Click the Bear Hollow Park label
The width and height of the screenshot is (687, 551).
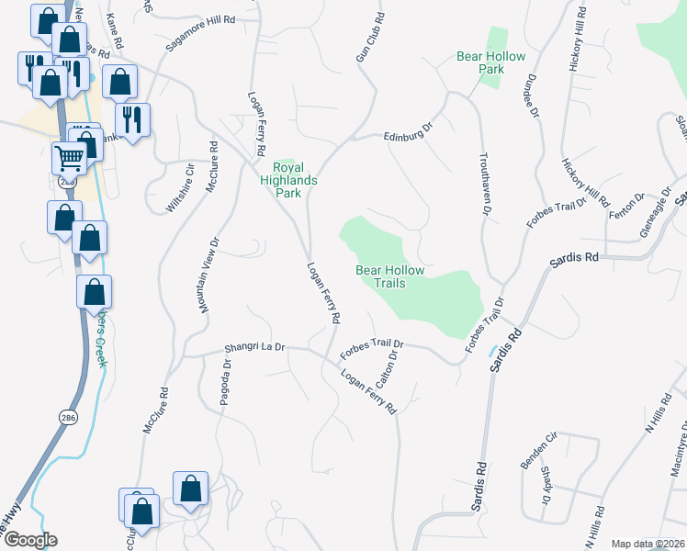(x=491, y=62)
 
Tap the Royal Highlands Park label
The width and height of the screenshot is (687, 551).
(x=295, y=174)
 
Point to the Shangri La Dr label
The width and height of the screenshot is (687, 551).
(x=256, y=349)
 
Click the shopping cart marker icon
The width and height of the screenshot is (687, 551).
(x=70, y=157)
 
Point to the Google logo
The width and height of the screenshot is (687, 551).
(x=29, y=540)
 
